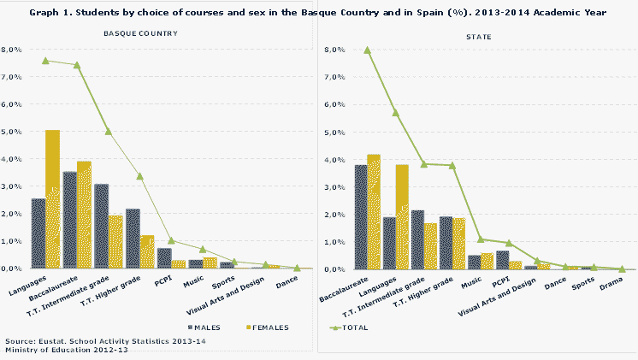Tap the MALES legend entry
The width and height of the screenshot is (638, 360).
coord(205,327)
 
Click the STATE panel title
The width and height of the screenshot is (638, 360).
coord(478,38)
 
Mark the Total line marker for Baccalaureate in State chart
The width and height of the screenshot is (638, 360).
coord(368,50)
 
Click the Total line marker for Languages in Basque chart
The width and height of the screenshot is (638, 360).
coord(45,61)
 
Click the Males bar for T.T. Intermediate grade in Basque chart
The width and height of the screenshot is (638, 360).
coord(101,226)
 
